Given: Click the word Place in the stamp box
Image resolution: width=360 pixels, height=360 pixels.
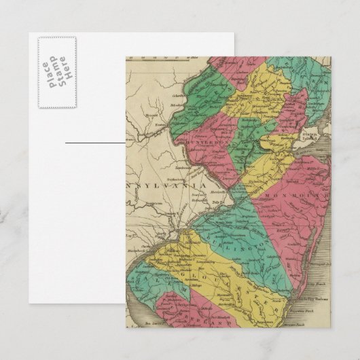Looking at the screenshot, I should coord(46,73).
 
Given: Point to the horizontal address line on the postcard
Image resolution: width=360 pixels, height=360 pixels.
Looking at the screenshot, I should coord(95,143).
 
